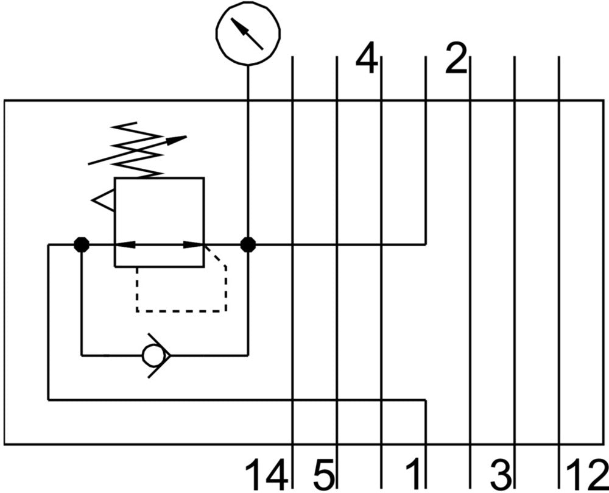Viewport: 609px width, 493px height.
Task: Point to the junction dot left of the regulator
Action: pyautogui.click(x=81, y=245)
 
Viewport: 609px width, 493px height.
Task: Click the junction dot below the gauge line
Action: pyautogui.click(x=248, y=245)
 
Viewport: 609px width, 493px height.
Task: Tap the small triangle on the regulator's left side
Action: pyautogui.click(x=104, y=200)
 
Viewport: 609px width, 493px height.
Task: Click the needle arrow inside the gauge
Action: pyautogui.click(x=247, y=34)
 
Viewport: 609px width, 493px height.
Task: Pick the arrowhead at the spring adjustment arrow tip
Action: pyautogui.click(x=177, y=140)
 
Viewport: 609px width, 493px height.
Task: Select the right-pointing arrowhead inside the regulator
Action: pyautogui.click(x=194, y=245)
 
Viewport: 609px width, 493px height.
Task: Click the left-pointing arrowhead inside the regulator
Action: pyautogui.click(x=124, y=245)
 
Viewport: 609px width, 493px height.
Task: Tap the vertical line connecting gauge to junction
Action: pyautogui.click(x=248, y=152)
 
